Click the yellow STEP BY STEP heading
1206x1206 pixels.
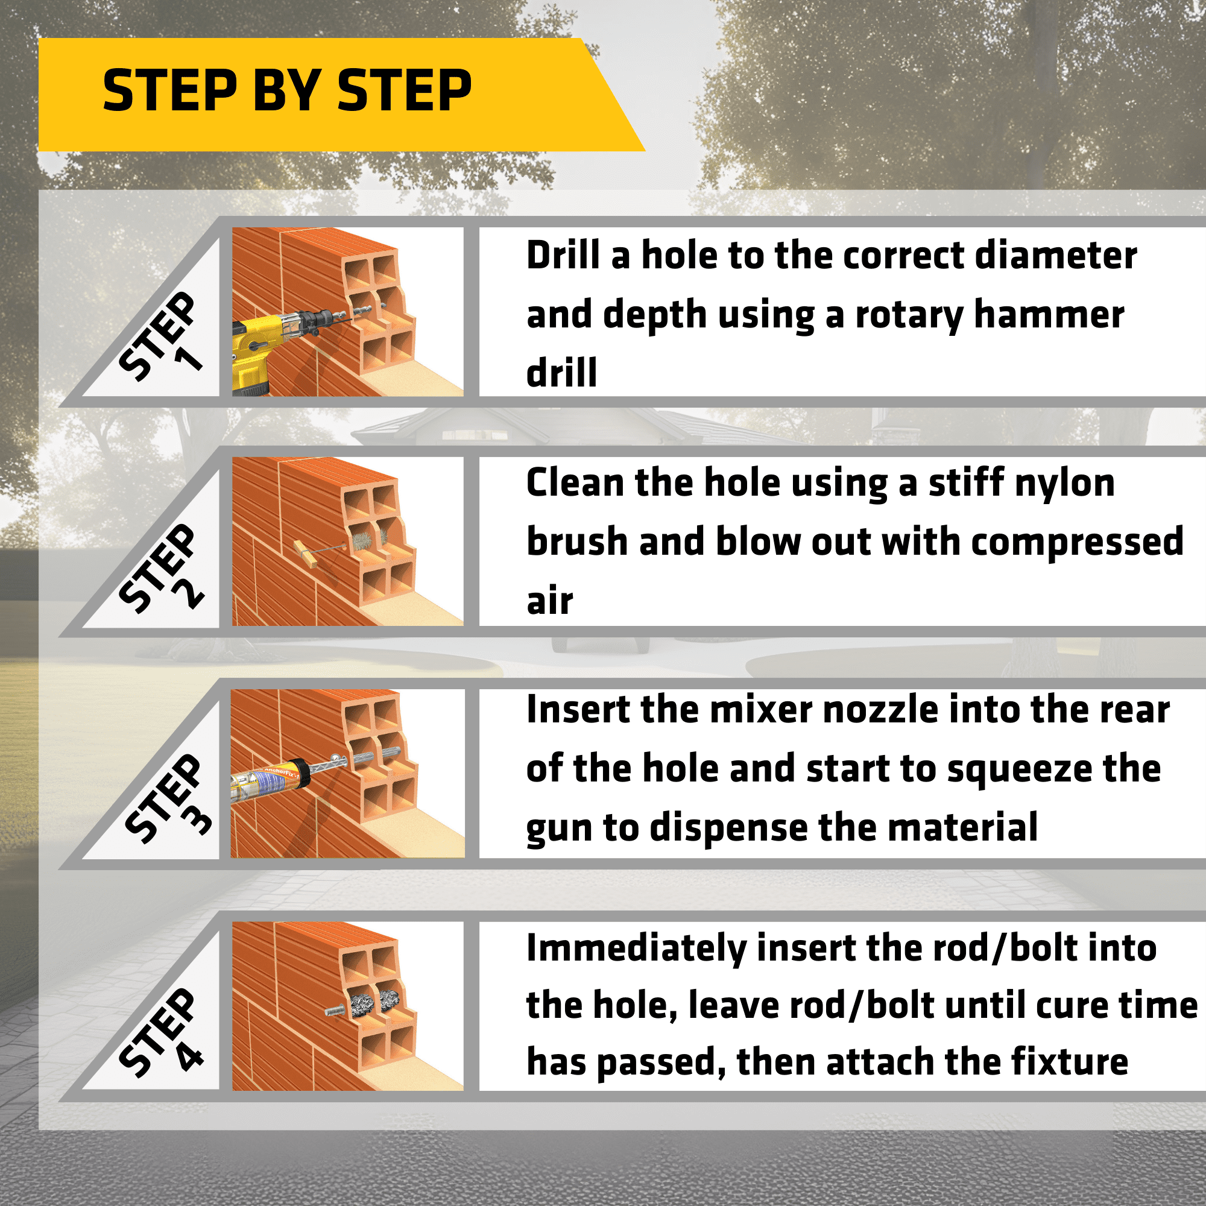(x=287, y=91)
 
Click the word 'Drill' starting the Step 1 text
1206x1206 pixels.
(x=563, y=255)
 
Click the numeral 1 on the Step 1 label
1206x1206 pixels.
(x=189, y=358)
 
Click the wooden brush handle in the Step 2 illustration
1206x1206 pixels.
(x=306, y=553)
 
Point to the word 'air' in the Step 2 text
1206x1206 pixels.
(x=549, y=601)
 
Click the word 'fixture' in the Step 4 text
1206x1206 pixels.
(x=1069, y=1062)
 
